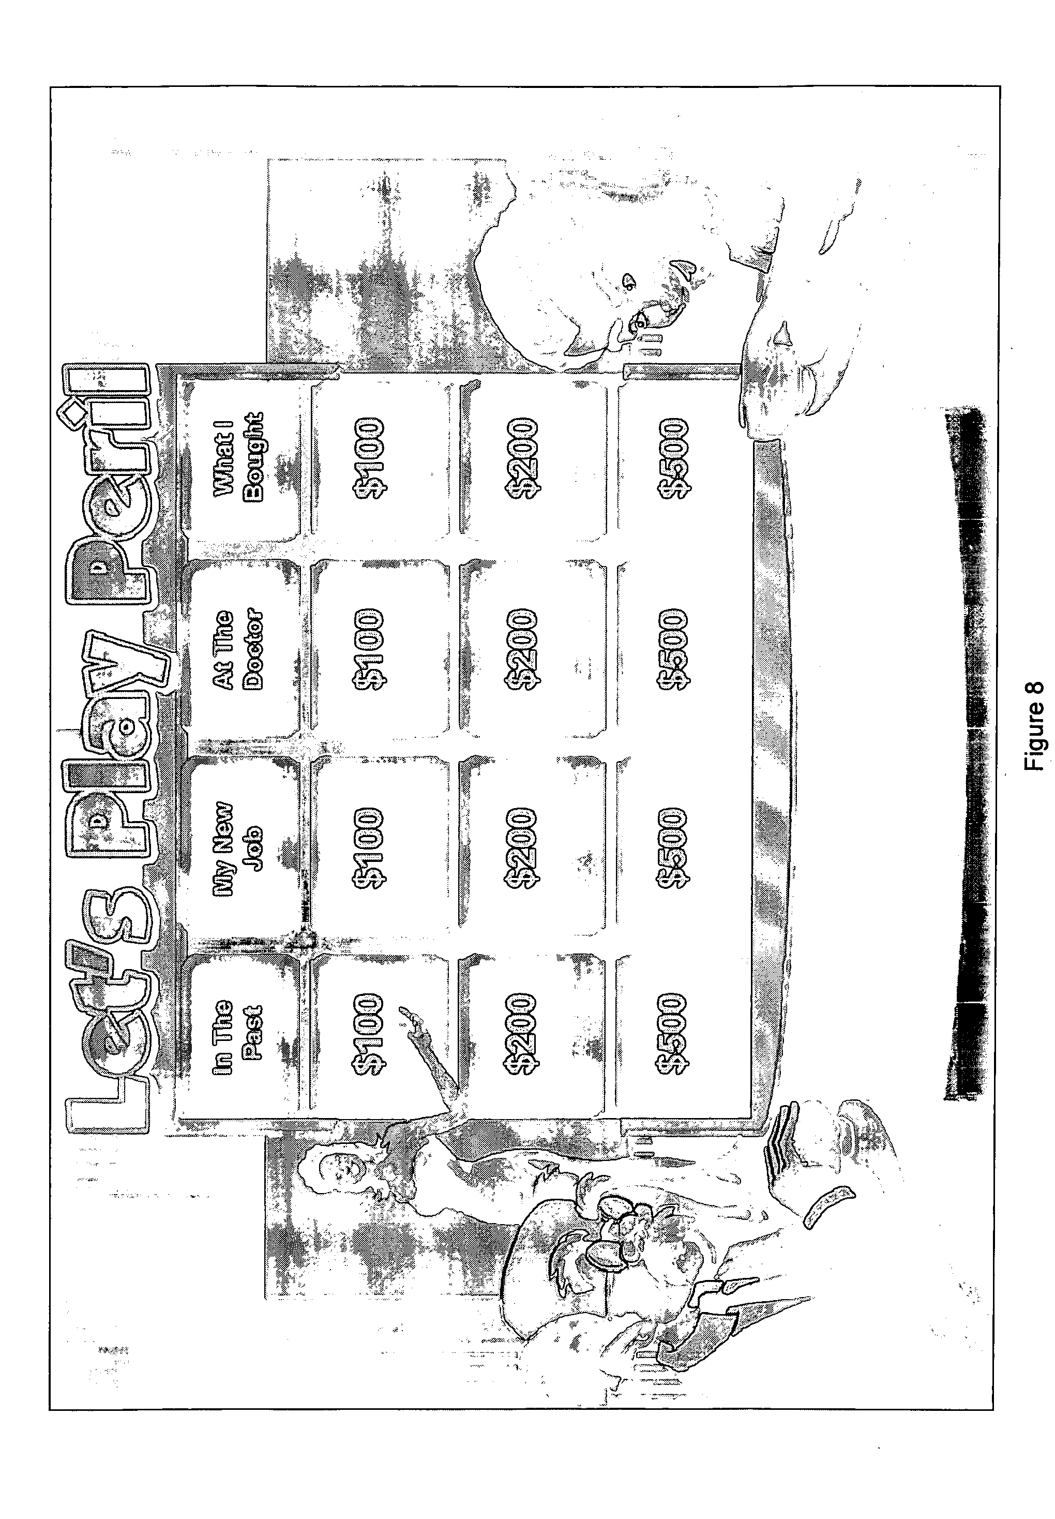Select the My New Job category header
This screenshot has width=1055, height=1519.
point(238,846)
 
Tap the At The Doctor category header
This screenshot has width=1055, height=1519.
point(238,649)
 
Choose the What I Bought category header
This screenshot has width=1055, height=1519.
point(238,456)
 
